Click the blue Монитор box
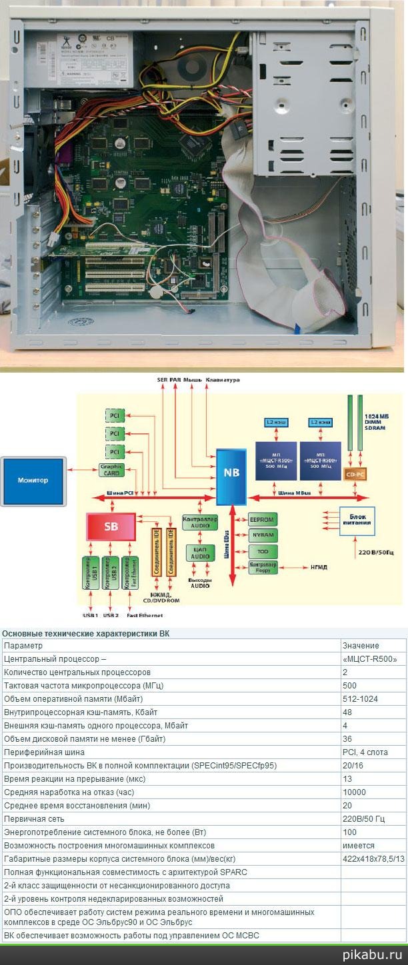[33, 480]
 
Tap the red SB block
[111, 526]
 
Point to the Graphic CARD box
[112, 471]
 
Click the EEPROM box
[263, 519]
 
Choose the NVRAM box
[263, 535]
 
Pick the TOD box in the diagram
[263, 551]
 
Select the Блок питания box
[356, 518]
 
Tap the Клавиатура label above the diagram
[223, 380]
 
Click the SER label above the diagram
[162, 380]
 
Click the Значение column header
[361, 646]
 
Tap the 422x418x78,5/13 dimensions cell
[372, 858]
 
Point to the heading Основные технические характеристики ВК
[85, 633]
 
